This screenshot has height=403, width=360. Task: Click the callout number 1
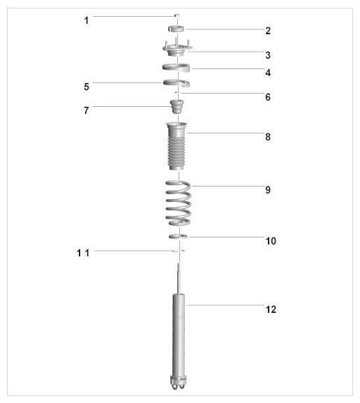tap(87, 20)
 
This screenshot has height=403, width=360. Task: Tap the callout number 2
tap(268, 31)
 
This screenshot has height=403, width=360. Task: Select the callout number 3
tap(268, 55)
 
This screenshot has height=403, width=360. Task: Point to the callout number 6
tap(268, 97)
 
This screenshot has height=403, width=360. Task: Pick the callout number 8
tap(268, 137)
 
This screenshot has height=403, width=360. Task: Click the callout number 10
tap(271, 241)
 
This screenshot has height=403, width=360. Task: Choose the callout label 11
tap(83, 253)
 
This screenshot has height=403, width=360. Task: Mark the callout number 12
tap(271, 309)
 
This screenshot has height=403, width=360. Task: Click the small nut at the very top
tap(177, 15)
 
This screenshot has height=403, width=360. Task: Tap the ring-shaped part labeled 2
tap(176, 29)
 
